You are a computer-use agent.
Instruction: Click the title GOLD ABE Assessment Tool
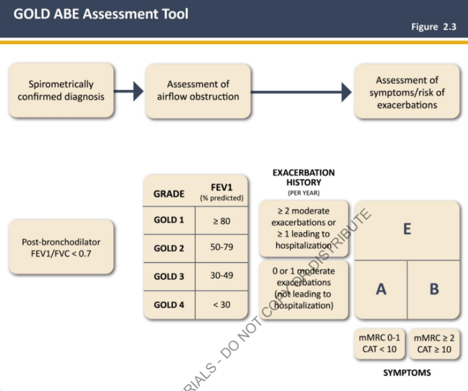point(101,14)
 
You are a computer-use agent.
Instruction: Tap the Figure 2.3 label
point(434,27)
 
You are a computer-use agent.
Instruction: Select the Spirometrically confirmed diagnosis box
point(61,90)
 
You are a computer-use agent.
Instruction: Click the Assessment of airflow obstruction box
point(198,91)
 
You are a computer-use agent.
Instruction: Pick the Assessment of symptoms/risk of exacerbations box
point(407,91)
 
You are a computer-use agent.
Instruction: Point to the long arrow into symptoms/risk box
point(301,92)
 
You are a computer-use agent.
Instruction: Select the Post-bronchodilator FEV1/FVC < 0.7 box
point(61,247)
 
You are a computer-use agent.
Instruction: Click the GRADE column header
point(169,194)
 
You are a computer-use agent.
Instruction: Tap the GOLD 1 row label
point(169,220)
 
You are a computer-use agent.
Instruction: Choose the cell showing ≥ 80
point(222,221)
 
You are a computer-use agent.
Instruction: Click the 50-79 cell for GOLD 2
point(222,247)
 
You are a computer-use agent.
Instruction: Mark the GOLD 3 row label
point(169,276)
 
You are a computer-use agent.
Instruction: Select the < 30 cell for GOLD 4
point(222,305)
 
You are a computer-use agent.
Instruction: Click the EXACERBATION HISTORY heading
point(303,177)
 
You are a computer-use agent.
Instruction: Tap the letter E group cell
point(407,230)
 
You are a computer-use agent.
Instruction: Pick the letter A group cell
point(381,289)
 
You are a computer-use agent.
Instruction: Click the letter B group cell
point(434,289)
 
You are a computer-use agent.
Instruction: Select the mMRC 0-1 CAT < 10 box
point(379,344)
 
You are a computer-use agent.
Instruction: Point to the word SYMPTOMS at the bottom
point(407,373)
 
